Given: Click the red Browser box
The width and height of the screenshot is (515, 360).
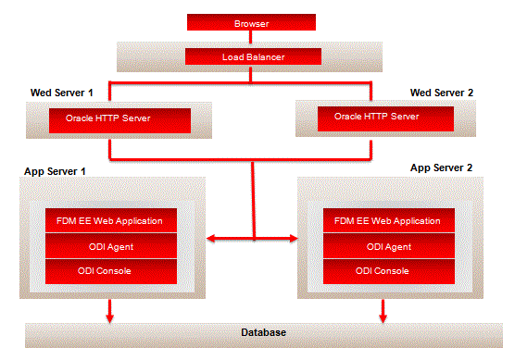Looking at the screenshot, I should coord(252,21).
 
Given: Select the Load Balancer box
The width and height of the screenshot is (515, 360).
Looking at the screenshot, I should coord(252,57).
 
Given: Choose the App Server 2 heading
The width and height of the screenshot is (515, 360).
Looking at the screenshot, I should coord(441,168).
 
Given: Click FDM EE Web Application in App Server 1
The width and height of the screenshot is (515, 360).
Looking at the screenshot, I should coord(110,221).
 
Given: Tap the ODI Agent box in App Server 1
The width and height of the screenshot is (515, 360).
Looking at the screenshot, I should coord(110,246).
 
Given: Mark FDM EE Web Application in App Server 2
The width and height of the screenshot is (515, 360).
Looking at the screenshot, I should coord(388,221).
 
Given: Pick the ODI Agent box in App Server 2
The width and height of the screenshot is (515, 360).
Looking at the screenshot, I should coord(388,246).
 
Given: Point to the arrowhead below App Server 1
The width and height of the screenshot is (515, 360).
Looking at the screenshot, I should coord(109,317).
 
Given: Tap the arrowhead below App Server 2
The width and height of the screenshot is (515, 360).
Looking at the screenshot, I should coord(383,317).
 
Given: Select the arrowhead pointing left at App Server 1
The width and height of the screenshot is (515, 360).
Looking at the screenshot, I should coord(211,241).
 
